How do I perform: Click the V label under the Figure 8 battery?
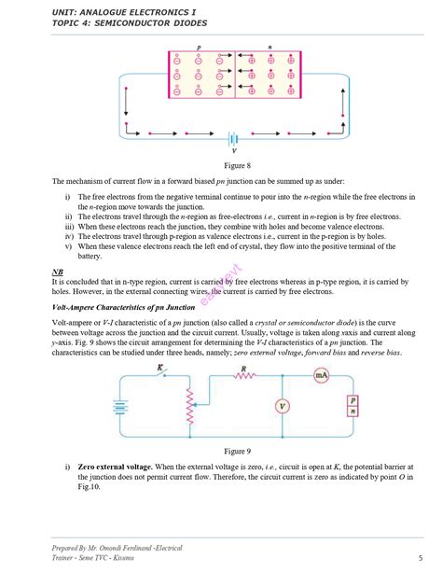point(234,150)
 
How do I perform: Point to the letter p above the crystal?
point(199,47)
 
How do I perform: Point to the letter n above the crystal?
point(270,47)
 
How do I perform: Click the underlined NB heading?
point(57,272)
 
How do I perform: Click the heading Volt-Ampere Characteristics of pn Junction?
point(123,306)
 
